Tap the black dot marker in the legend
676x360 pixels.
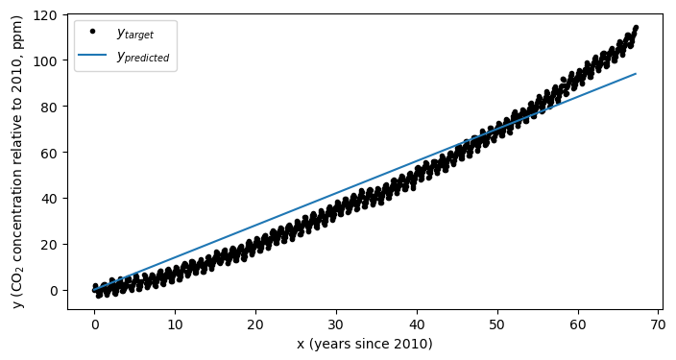point(92,32)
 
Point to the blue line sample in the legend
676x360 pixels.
point(92,56)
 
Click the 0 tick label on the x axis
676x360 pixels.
point(94,325)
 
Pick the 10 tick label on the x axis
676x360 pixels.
point(175,325)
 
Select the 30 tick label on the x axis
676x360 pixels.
point(336,325)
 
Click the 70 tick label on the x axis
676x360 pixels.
point(659,325)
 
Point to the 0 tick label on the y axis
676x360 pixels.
point(57,290)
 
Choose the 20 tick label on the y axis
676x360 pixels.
point(53,244)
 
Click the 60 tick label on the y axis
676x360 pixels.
point(53,152)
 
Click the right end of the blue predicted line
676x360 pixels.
point(636,74)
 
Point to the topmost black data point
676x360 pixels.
point(636,28)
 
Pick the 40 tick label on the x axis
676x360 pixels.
point(417,325)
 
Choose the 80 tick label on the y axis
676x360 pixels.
point(53,106)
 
